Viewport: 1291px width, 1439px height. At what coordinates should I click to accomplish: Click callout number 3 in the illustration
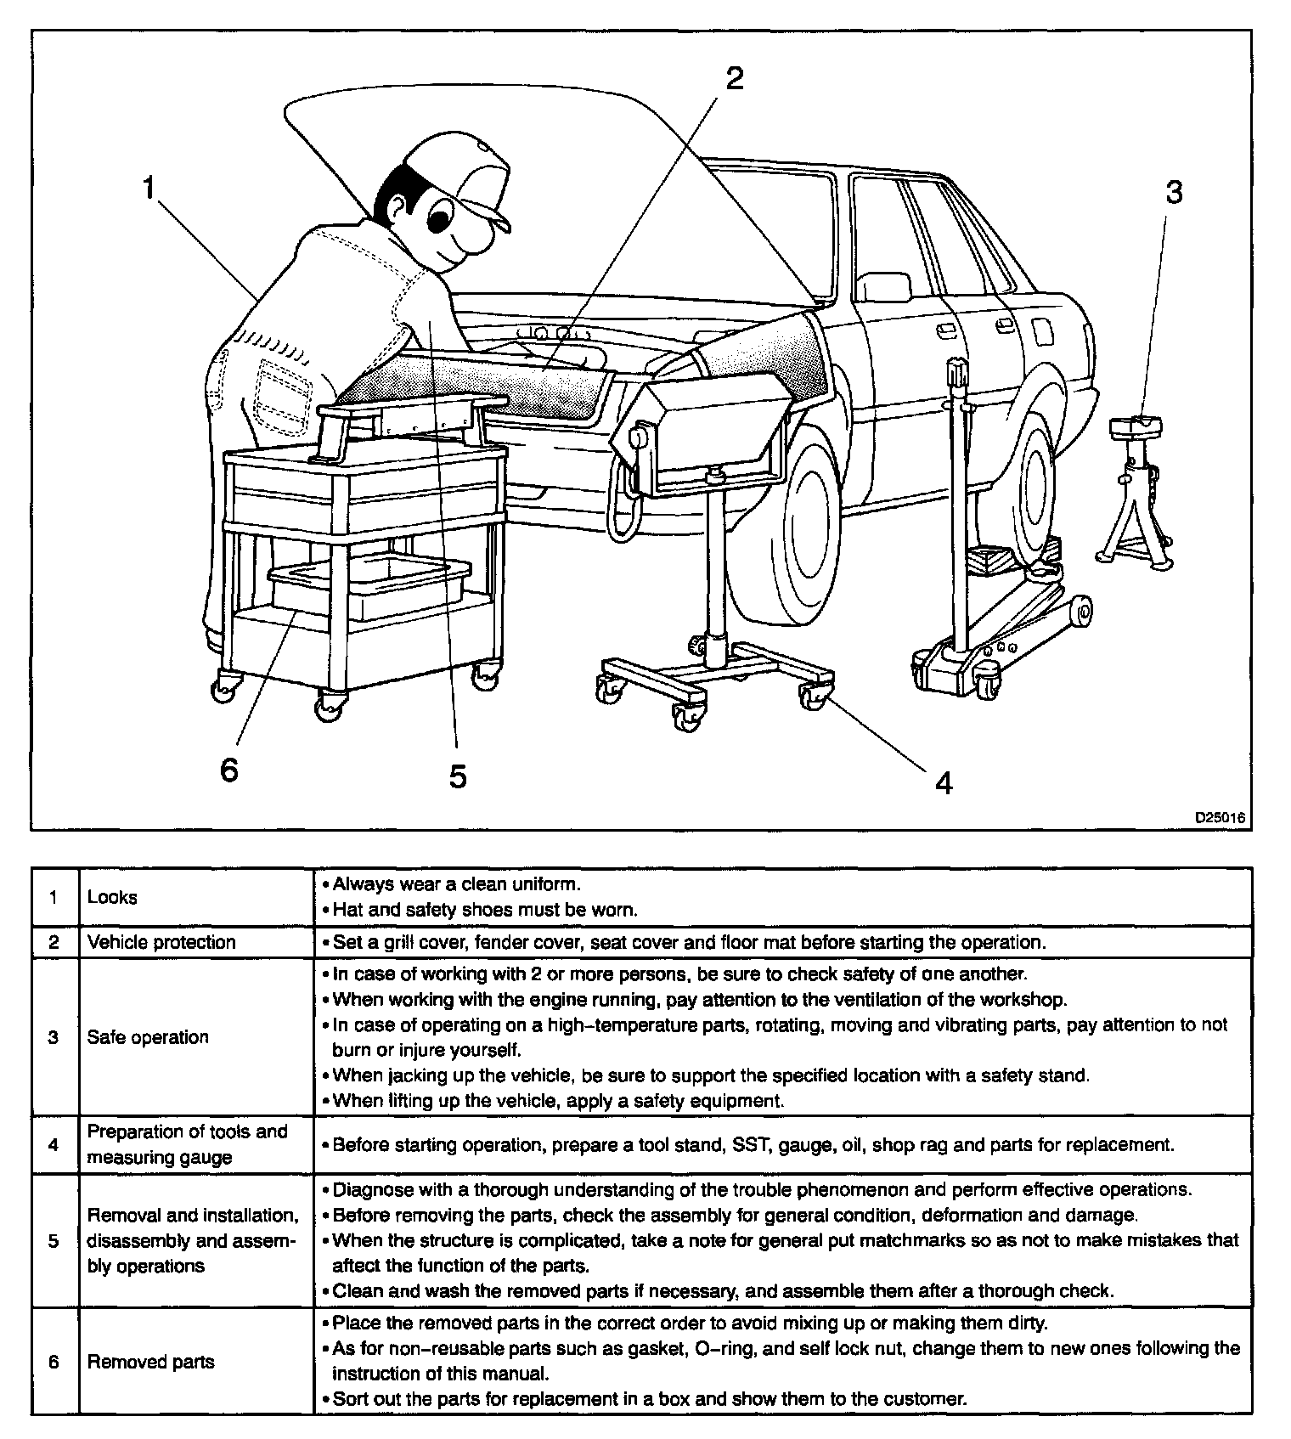[1173, 193]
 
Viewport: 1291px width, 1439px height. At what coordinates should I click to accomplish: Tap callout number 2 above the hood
[733, 78]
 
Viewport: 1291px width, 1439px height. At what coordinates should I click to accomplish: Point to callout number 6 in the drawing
[228, 770]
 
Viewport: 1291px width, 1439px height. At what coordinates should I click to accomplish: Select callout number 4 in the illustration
[944, 782]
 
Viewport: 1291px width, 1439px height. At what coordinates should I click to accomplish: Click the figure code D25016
[1220, 818]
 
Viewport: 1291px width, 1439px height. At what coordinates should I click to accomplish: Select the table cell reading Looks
[112, 897]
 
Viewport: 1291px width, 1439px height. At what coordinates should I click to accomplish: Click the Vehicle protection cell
[161, 942]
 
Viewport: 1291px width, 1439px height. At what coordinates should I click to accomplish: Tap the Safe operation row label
[148, 1037]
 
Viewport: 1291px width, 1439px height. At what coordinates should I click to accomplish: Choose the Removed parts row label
[151, 1362]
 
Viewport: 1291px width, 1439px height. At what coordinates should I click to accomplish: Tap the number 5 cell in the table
[54, 1241]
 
